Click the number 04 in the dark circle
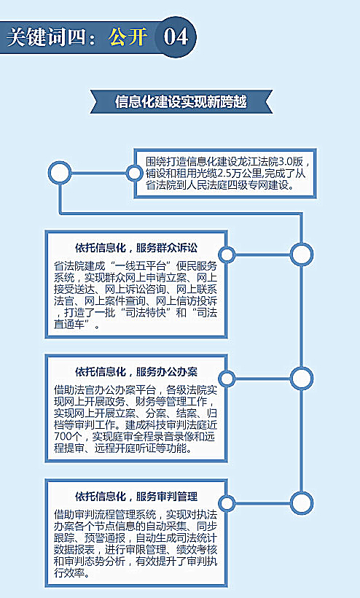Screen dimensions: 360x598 pyautogui.click(x=176, y=36)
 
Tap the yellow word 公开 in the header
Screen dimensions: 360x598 pyautogui.click(x=128, y=37)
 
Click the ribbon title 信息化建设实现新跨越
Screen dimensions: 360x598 pyautogui.click(x=181, y=102)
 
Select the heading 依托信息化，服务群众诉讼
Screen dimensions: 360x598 pyautogui.click(x=136, y=248)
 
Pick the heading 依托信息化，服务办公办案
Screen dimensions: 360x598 pyautogui.click(x=136, y=372)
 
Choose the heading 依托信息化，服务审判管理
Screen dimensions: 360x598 pyautogui.click(x=136, y=497)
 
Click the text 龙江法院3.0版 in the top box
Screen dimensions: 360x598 pyautogui.click(x=270, y=161)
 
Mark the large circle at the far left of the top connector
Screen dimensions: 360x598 pyautogui.click(x=60, y=173)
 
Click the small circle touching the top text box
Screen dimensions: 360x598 pyautogui.click(x=133, y=173)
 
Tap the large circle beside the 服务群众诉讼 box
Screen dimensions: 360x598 pyautogui.click(x=301, y=255)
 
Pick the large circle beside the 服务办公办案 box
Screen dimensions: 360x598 pyautogui.click(x=301, y=378)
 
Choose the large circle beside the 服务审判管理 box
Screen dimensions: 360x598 pyautogui.click(x=301, y=502)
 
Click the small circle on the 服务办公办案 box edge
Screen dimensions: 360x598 pyautogui.click(x=227, y=378)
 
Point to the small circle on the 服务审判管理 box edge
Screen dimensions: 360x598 pyautogui.click(x=227, y=502)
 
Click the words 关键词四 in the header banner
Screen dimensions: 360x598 pyautogui.click(x=46, y=37)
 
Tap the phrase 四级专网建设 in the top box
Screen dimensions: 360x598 pyautogui.click(x=259, y=186)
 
